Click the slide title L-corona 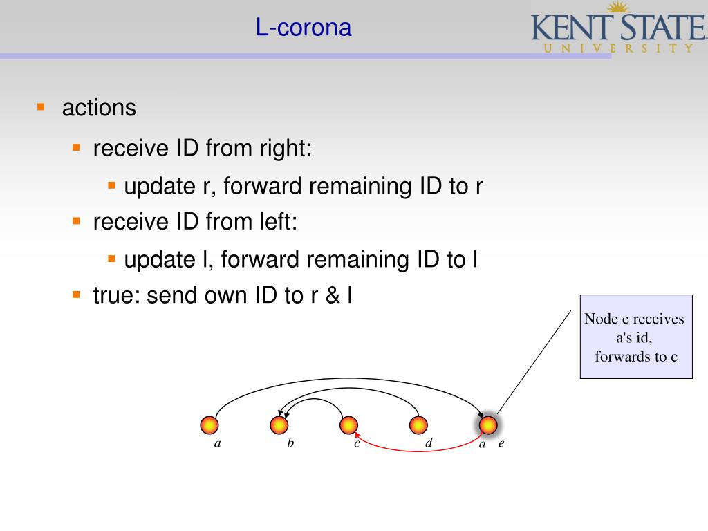[x=304, y=28]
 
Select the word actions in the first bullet [x=99, y=108]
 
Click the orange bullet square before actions [x=41, y=107]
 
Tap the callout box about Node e [x=635, y=337]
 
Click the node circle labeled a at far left [x=209, y=425]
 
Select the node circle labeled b [x=279, y=425]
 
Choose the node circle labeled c [x=349, y=425]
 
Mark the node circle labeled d [x=418, y=425]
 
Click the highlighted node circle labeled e [x=489, y=425]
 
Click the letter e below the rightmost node [x=501, y=444]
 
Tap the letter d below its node [x=429, y=443]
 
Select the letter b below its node [x=290, y=443]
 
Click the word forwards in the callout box [x=620, y=357]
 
